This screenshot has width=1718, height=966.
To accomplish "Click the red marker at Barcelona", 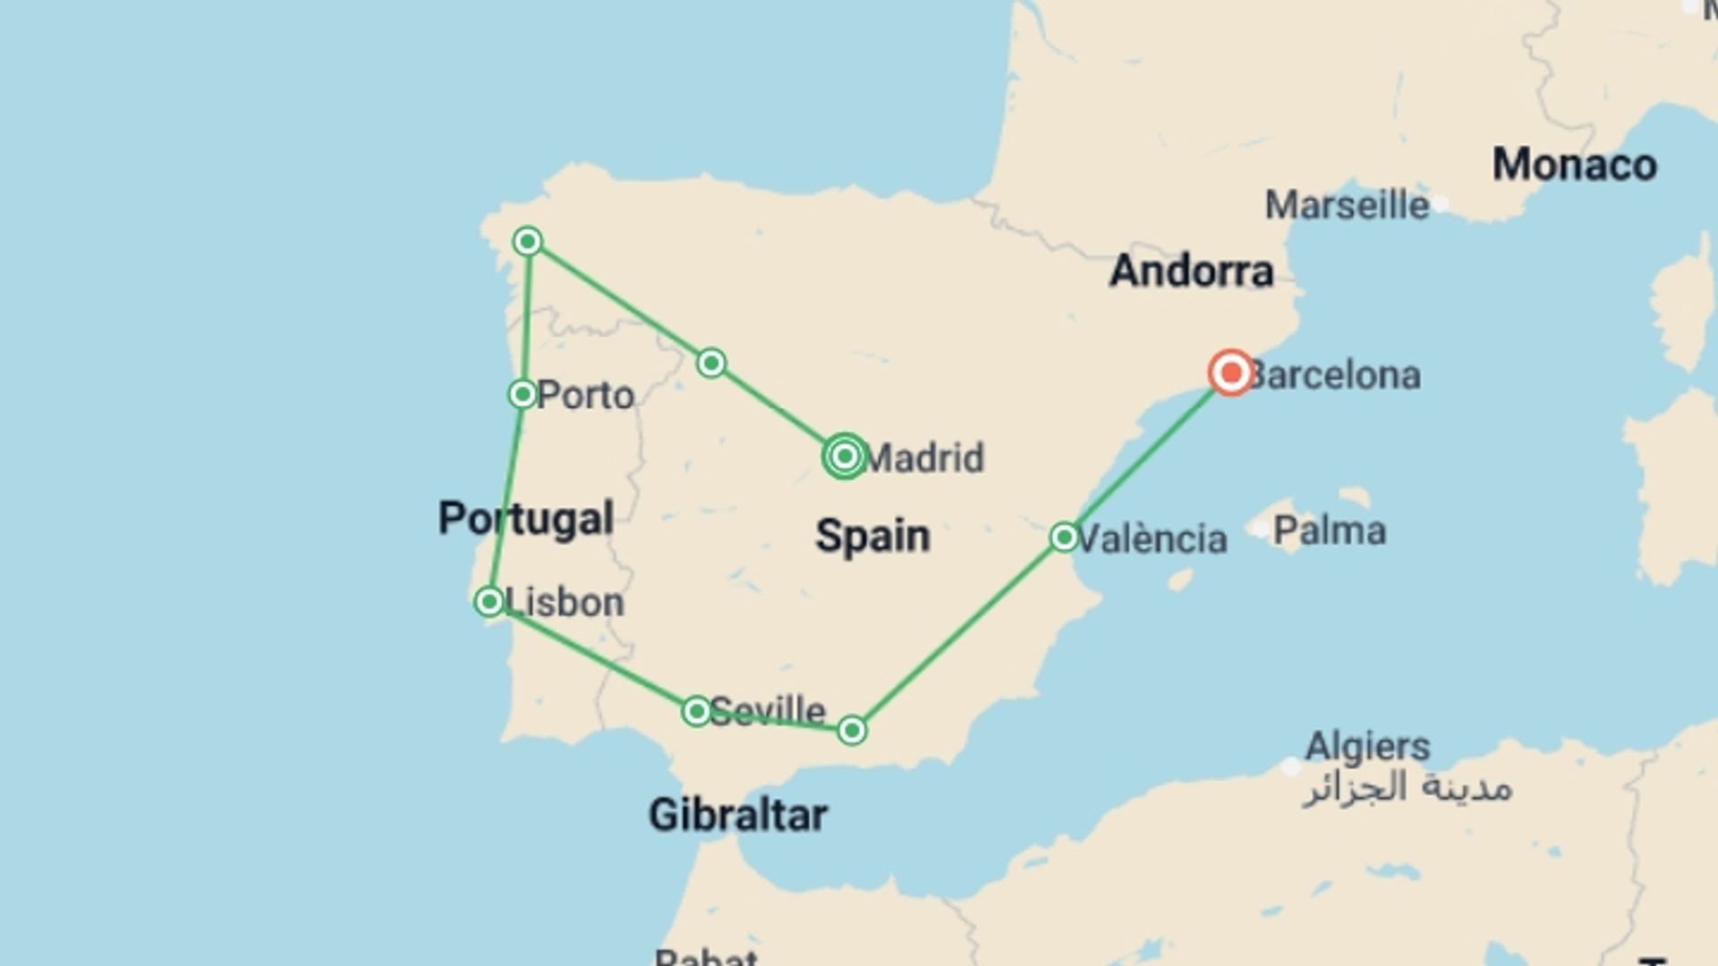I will coord(1231,373).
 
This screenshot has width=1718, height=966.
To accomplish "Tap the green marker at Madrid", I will coord(845,457).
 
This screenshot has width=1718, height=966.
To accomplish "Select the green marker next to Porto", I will coord(523,394).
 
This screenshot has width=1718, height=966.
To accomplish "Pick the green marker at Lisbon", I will coord(489,601).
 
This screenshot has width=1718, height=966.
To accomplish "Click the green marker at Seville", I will coord(696,711).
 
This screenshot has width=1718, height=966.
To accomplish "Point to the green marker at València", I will coord(1064,537).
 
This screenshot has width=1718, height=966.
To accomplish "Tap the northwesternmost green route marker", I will coord(528,241).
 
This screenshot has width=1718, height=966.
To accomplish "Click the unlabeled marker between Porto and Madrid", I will coord(711,363).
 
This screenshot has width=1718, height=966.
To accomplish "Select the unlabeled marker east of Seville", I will coord(852,731).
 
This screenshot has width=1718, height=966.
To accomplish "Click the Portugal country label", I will coord(526,519).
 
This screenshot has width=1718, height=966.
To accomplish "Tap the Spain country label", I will coord(872,537).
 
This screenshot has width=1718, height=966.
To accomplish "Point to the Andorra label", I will coord(1191,271).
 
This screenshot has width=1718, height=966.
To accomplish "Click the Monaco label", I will coord(1574,165).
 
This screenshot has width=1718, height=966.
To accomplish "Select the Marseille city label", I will coord(1347,206).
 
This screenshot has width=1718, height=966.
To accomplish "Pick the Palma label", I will coord(1330,531).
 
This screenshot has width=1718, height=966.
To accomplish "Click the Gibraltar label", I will coord(738,815).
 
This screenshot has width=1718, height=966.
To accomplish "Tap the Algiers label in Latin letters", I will coord(1367,746).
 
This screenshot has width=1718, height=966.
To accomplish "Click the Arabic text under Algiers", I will coord(1407,788).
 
